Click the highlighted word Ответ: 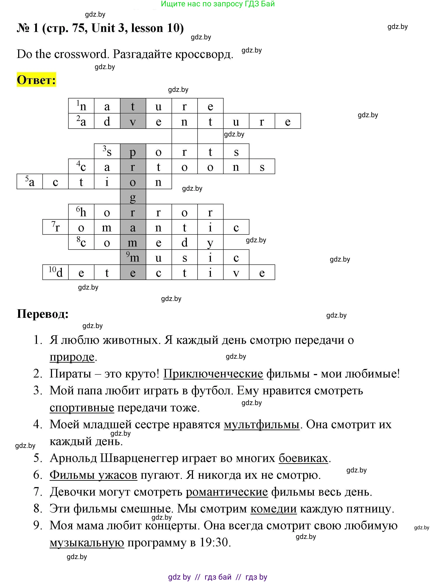[x=36, y=80]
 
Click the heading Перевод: [x=43, y=314]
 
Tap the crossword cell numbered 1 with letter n [x=81, y=106]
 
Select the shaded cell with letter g [x=133, y=197]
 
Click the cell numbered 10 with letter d [x=56, y=272]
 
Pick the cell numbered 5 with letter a [x=30, y=182]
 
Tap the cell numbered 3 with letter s [x=107, y=151]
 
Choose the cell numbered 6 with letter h [x=81, y=212]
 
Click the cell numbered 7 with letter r [x=56, y=227]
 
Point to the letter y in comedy [x=210, y=242]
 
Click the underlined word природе [x=72, y=357]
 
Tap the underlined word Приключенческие [x=213, y=374]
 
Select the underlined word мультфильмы [x=261, y=424]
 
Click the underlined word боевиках [x=303, y=458]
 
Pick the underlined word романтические [x=227, y=492]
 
